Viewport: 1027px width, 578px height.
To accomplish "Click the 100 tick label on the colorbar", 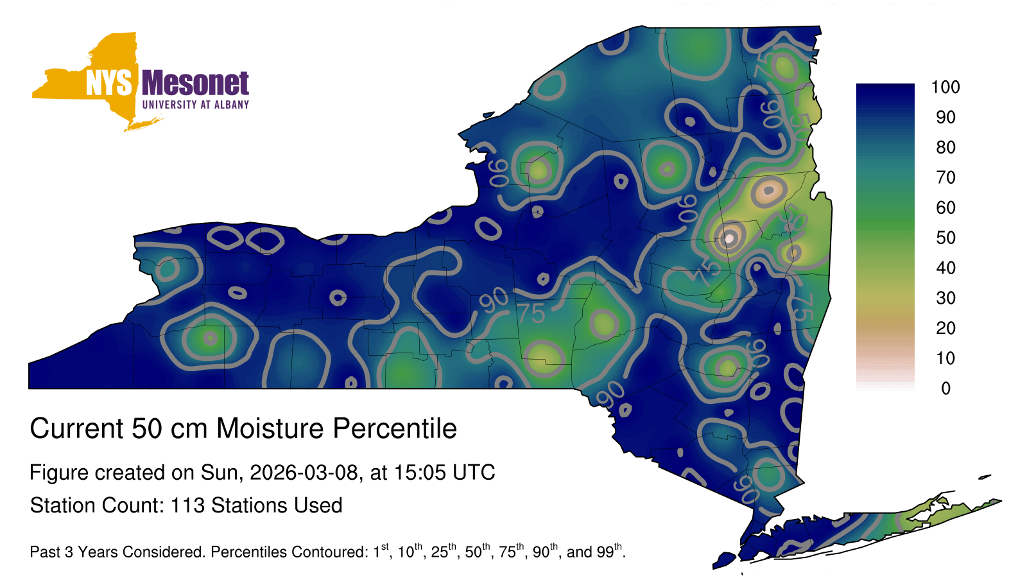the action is [945, 87].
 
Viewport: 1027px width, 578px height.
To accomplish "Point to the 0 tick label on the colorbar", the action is [946, 389].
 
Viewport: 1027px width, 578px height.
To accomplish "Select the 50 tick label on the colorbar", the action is [946, 238].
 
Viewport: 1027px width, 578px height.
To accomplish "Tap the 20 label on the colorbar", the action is [946, 328].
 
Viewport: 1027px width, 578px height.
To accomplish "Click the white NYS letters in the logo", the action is [108, 83].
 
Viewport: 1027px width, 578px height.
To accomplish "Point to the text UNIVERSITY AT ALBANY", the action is [196, 105].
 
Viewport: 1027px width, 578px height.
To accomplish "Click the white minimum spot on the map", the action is [729, 238].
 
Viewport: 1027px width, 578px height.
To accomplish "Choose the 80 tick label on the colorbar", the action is [946, 147].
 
